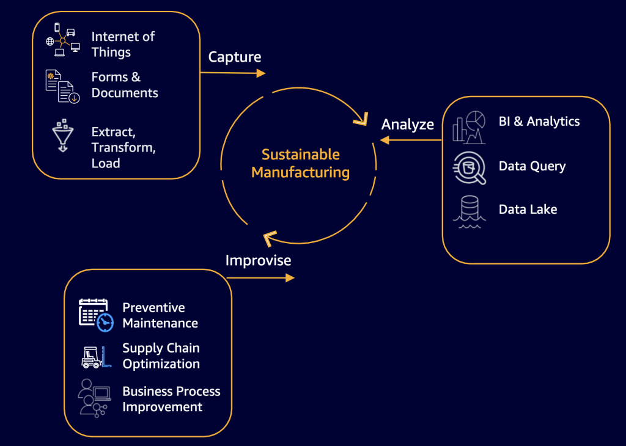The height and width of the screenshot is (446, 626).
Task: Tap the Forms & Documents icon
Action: click(x=62, y=86)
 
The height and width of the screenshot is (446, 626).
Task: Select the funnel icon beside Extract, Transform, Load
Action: click(x=62, y=135)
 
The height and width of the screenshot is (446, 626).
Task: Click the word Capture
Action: click(x=235, y=57)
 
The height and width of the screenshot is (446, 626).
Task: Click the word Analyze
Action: click(x=408, y=124)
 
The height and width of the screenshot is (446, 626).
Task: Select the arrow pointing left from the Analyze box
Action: click(x=410, y=140)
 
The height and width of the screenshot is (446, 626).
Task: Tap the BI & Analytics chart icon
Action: click(x=469, y=126)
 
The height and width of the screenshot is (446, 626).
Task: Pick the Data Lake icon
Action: click(x=469, y=211)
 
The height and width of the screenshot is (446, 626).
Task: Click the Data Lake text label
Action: click(x=528, y=210)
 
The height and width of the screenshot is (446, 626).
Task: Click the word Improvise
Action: click(x=258, y=260)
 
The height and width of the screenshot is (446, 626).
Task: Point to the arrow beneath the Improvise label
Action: click(x=260, y=277)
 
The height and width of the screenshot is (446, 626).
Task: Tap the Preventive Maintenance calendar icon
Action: click(x=96, y=315)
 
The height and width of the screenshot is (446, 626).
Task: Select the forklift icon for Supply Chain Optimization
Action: click(x=96, y=357)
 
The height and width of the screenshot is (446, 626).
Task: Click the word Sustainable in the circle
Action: click(x=300, y=155)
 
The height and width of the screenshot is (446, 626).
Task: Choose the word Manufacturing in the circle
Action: click(x=300, y=172)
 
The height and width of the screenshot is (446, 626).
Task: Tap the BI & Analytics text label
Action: click(x=539, y=122)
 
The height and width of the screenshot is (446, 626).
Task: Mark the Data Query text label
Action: click(x=532, y=166)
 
